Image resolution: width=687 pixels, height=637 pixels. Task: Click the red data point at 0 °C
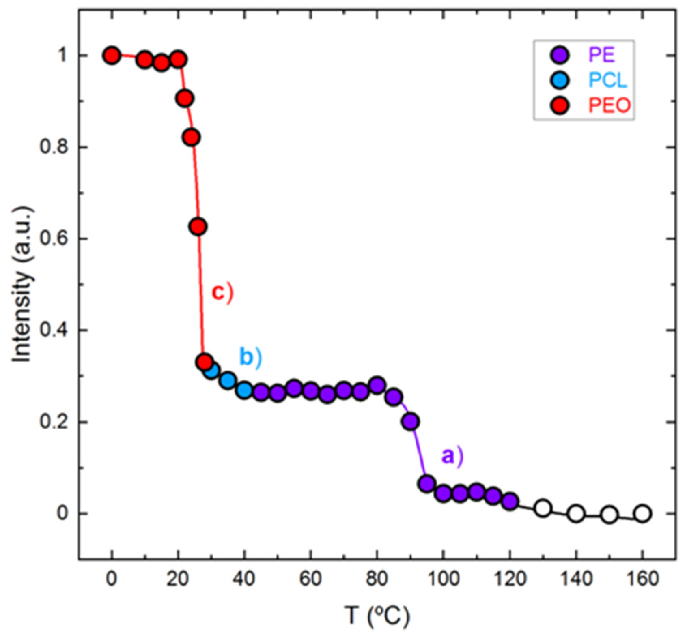click(112, 55)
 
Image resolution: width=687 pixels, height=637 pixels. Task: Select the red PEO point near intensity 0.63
click(198, 227)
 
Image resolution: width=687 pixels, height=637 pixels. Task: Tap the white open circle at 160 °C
click(642, 514)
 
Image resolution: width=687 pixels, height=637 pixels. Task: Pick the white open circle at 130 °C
click(543, 508)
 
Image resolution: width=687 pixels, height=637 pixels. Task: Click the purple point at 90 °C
click(410, 422)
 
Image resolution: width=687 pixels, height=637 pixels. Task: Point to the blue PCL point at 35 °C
click(228, 380)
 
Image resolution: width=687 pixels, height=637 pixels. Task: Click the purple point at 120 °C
click(510, 502)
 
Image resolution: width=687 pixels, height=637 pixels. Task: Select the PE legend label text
click(601, 55)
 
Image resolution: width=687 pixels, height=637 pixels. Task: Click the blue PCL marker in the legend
click(560, 80)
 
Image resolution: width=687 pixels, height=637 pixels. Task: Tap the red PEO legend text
click(609, 105)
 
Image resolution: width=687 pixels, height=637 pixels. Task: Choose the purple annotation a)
click(452, 456)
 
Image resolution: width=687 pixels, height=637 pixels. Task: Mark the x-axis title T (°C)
click(377, 615)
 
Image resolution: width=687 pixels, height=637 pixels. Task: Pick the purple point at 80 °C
click(377, 385)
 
